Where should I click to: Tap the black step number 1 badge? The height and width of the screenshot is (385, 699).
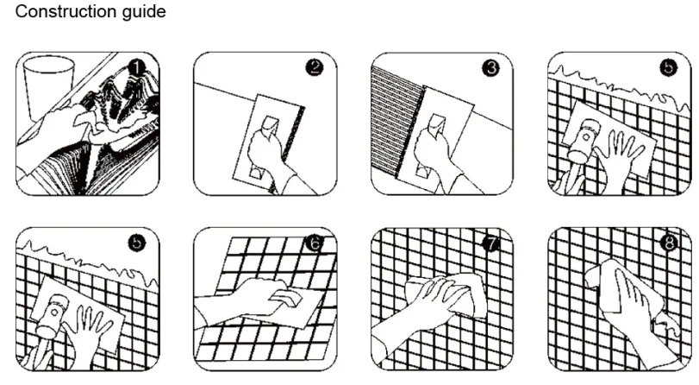point(136,68)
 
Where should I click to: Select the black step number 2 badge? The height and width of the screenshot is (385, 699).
point(315,68)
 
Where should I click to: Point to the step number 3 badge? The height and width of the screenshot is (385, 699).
point(490,68)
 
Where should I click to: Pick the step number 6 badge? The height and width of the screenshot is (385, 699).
point(315,243)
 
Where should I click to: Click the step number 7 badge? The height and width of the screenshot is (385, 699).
point(490,243)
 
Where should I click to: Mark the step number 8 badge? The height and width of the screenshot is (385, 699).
point(668,243)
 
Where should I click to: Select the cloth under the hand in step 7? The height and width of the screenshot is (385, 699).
point(450,294)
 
